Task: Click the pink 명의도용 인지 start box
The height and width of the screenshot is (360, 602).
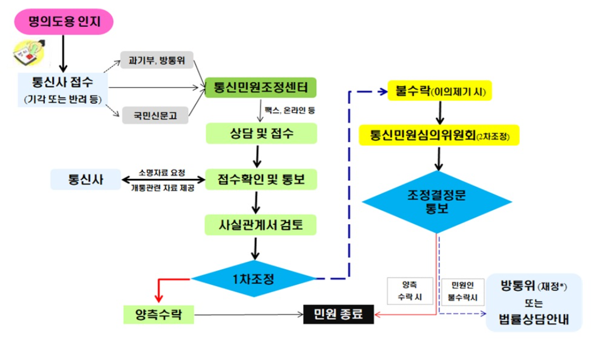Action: coord(63,22)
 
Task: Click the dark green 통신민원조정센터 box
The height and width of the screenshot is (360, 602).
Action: coord(261,87)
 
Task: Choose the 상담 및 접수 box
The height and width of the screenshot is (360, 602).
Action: coord(261,133)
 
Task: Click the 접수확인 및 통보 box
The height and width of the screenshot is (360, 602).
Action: coord(261,179)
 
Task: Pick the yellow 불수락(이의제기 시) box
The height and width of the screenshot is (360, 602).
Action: coord(439,91)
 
